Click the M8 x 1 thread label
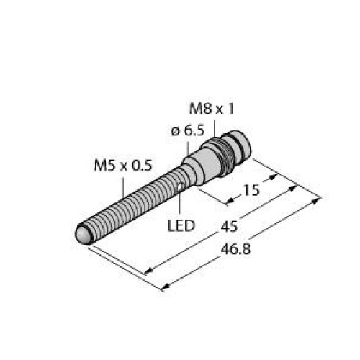coord(212,109)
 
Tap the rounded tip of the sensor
coord(84,235)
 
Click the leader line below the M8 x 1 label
coord(214,125)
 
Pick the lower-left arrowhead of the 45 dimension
coord(148,271)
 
